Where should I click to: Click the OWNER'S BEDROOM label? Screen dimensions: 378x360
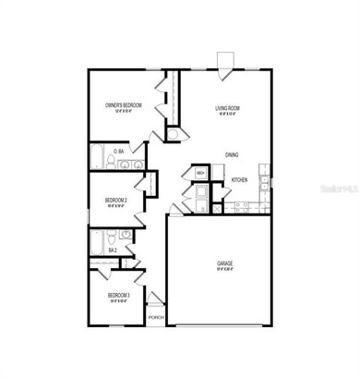123,106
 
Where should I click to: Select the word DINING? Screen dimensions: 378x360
233,154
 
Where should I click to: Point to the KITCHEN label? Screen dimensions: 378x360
239,179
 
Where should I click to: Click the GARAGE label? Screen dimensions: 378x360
225,264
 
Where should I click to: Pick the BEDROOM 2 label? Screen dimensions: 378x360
115,200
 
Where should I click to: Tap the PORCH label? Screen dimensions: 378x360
155,316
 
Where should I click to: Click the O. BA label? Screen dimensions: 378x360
119,151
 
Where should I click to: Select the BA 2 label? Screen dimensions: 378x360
112,250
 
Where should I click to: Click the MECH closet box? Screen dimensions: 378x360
200,172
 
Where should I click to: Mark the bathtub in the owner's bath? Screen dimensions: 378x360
96,158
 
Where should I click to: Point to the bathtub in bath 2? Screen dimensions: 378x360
97,243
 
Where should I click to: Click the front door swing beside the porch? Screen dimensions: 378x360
155,300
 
